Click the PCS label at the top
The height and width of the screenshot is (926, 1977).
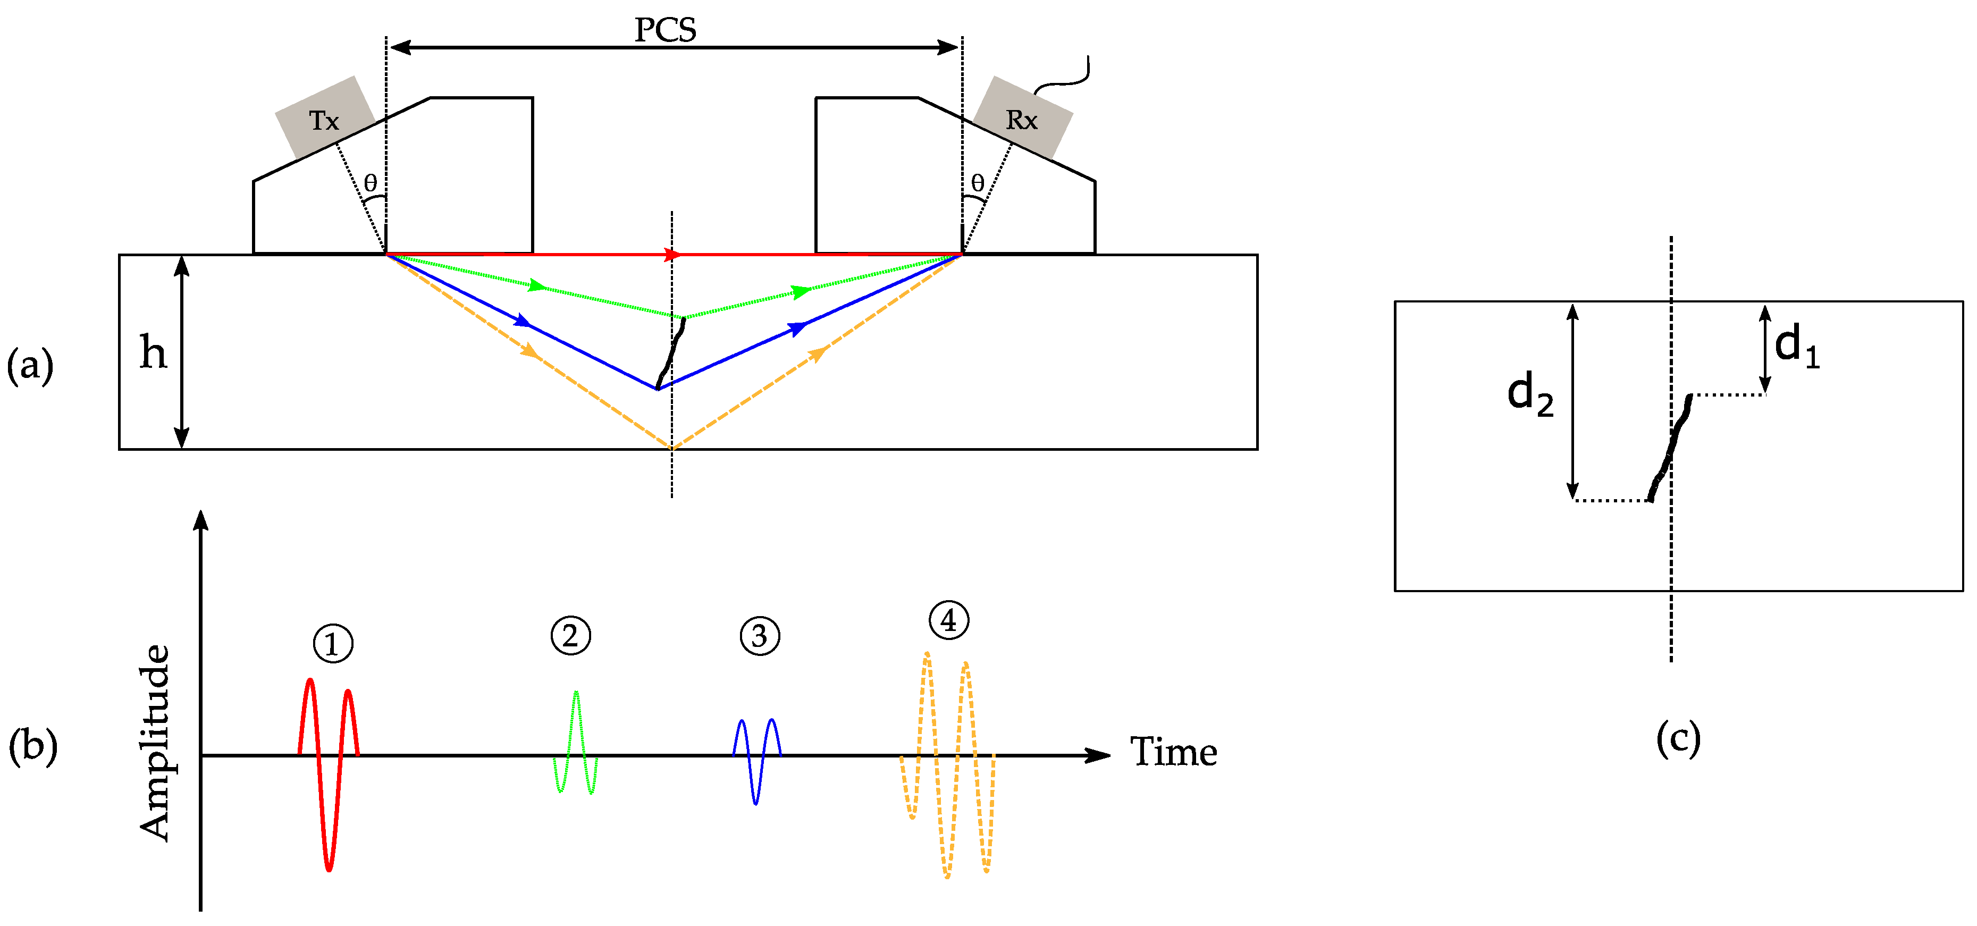[664, 30]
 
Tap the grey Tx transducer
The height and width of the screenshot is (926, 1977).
[325, 118]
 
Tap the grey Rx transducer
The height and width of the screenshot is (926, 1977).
[1022, 118]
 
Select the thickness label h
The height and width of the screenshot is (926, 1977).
[153, 353]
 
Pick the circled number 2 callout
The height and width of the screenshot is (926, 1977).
[570, 635]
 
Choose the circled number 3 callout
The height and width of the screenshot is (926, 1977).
[760, 636]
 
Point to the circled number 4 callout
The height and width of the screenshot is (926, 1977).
[948, 620]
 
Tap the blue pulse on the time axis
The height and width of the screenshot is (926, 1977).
[756, 760]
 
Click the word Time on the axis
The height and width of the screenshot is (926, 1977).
[1173, 752]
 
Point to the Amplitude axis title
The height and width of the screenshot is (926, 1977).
[155, 743]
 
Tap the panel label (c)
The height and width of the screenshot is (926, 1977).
[1678, 738]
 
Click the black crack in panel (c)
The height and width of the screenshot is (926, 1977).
[1671, 449]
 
